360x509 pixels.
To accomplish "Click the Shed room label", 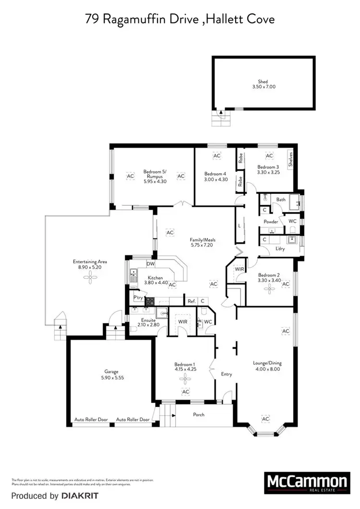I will (263, 82).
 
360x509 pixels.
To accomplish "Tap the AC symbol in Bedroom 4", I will (216, 156).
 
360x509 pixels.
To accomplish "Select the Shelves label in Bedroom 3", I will (290, 159).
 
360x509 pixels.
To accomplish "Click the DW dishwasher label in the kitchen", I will (151, 264).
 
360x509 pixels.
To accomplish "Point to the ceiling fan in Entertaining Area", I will (90, 280).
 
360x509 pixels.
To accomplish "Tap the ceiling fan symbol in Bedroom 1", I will (185, 379).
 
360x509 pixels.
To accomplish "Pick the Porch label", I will (198, 414).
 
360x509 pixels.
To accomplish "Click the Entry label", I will (226, 374).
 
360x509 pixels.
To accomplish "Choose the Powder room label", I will (271, 222).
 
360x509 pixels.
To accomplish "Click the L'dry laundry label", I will (280, 249).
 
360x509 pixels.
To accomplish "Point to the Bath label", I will (281, 199).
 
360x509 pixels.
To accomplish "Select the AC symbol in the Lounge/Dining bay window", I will (265, 419).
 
